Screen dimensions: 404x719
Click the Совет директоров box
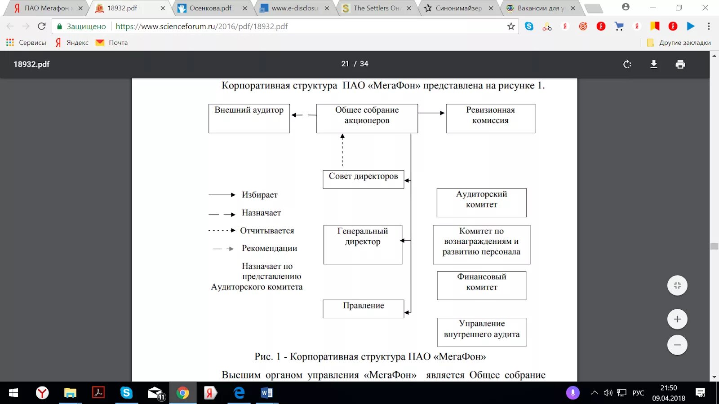click(x=363, y=179)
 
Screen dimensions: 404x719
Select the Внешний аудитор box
click(x=249, y=119)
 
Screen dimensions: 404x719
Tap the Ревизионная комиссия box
click(x=490, y=119)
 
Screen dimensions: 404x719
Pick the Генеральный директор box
click(x=363, y=245)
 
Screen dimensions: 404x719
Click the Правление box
click(x=363, y=309)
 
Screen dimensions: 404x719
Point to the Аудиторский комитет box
click(x=481, y=202)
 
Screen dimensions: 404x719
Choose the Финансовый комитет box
click(x=481, y=285)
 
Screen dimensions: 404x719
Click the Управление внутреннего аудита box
click(x=481, y=332)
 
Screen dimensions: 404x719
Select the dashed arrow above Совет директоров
click(x=342, y=150)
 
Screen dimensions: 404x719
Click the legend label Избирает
click(x=259, y=195)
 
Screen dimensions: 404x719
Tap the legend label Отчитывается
click(x=267, y=231)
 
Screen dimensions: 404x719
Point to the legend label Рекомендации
click(x=269, y=248)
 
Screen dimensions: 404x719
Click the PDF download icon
click(x=654, y=64)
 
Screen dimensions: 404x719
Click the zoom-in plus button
click(x=677, y=319)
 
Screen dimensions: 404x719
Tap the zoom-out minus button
click(x=677, y=345)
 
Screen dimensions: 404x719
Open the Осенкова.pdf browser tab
click(x=210, y=8)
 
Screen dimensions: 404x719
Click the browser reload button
click(x=42, y=26)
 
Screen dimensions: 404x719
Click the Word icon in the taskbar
click(x=266, y=393)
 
